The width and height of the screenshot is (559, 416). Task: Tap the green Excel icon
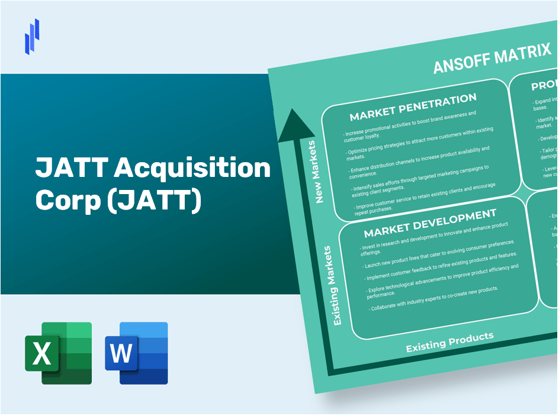pyautogui.click(x=58, y=353)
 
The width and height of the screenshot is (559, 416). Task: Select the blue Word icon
pyautogui.click(x=136, y=353)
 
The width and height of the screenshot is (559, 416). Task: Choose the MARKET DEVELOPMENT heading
pyautogui.click(x=430, y=222)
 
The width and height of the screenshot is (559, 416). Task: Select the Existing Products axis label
pyautogui.click(x=449, y=342)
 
